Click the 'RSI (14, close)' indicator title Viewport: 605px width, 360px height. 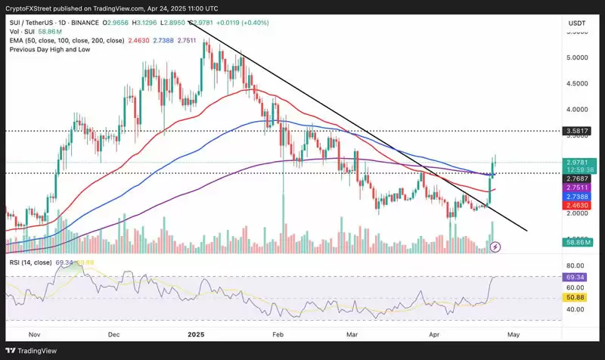(x=31, y=262)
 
